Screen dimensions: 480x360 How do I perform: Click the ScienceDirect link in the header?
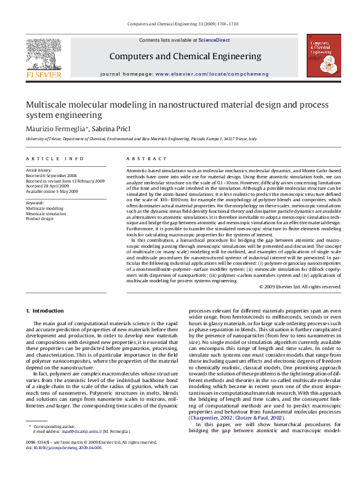214,40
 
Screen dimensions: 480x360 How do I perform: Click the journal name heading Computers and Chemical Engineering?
185,57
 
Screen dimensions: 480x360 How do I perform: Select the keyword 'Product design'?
39,218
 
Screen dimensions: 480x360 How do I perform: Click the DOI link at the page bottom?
68,464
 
